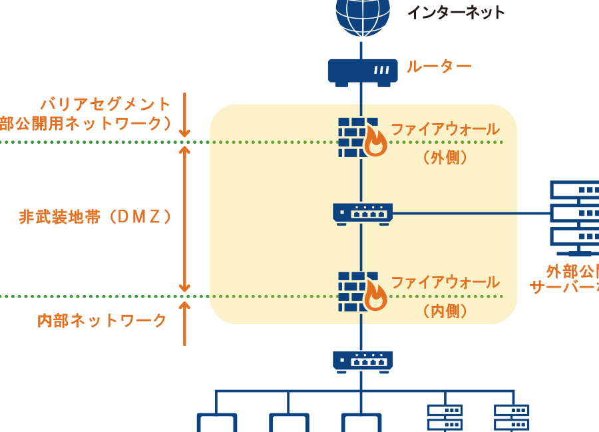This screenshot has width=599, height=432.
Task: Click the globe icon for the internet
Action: (363, 15)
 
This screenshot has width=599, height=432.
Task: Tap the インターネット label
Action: (456, 12)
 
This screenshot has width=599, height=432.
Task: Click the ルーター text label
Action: (439, 67)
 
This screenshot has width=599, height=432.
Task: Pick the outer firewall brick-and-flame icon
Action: (362, 137)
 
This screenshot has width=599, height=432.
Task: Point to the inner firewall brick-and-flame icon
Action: (362, 291)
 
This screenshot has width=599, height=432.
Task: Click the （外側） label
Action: (445, 158)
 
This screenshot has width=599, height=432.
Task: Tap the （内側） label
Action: (445, 311)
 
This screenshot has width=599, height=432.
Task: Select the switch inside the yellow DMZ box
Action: (363, 213)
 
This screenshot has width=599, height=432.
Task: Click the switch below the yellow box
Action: (363, 361)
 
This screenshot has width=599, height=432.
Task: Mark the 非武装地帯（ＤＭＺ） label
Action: (96, 217)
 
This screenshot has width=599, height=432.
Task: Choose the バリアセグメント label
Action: (106, 105)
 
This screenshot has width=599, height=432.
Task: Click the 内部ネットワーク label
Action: (102, 321)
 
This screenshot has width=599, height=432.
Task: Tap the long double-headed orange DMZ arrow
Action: (184, 219)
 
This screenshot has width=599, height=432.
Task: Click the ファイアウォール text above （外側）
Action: (445, 129)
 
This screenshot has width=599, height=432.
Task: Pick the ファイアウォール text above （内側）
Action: (445, 282)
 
